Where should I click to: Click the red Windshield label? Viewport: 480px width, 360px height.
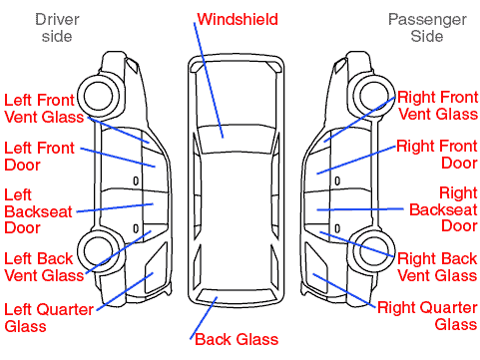[x=238, y=19]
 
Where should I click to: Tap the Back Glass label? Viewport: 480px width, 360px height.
[x=237, y=339]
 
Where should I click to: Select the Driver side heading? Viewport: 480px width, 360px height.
[x=57, y=28]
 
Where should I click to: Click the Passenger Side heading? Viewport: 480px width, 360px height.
[x=427, y=28]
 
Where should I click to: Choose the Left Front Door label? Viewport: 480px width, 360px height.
[x=39, y=157]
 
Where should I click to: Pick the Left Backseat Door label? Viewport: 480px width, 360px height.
[x=38, y=211]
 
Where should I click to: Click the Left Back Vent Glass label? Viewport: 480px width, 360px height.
[x=44, y=267]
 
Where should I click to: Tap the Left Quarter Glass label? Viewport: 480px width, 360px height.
[x=49, y=317]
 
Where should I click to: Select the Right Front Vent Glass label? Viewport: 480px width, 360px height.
[x=438, y=106]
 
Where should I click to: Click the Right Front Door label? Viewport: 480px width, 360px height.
[x=437, y=155]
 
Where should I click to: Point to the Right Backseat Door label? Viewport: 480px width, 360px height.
[x=443, y=209]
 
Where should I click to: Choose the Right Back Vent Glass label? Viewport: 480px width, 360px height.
[x=437, y=267]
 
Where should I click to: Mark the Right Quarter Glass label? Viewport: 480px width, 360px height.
[x=428, y=316]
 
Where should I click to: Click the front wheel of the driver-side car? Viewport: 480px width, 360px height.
[x=99, y=96]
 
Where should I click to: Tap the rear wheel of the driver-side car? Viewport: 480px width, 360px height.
[x=99, y=251]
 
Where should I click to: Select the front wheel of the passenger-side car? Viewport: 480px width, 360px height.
[x=374, y=96]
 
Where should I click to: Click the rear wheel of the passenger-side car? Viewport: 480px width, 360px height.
[x=374, y=251]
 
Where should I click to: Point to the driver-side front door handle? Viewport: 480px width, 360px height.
[x=136, y=181]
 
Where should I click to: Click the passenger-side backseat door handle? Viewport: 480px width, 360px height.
[x=337, y=228]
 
